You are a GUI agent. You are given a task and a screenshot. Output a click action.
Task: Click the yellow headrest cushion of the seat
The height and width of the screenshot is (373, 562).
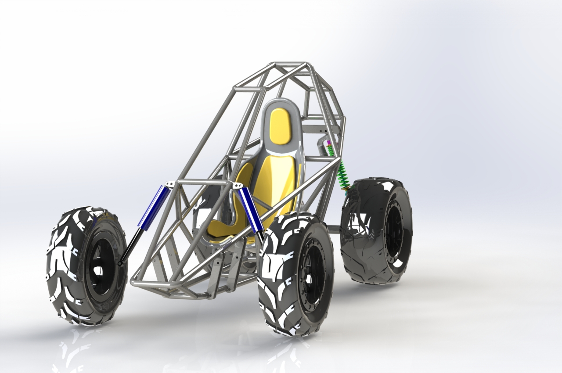[280, 126]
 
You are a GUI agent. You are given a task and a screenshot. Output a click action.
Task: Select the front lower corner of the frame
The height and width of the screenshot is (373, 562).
[134, 283]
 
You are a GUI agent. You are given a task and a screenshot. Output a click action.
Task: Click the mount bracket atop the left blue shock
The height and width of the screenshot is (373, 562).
[169, 184]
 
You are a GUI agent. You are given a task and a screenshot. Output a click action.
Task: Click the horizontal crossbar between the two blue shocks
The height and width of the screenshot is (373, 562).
[202, 182]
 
